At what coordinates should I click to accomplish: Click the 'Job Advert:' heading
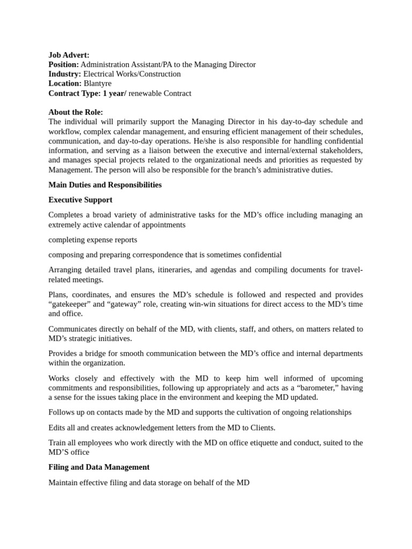69,55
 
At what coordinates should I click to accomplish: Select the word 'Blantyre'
98,84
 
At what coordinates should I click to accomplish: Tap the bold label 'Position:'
63,64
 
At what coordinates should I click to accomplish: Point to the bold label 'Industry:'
64,74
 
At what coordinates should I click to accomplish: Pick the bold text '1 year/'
114,93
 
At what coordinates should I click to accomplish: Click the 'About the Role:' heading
76,112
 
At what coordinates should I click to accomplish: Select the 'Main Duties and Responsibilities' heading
105,185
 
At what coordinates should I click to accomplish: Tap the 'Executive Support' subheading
80,200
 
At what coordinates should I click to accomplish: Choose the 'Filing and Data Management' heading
99,467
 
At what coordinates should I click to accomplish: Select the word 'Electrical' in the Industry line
99,74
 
